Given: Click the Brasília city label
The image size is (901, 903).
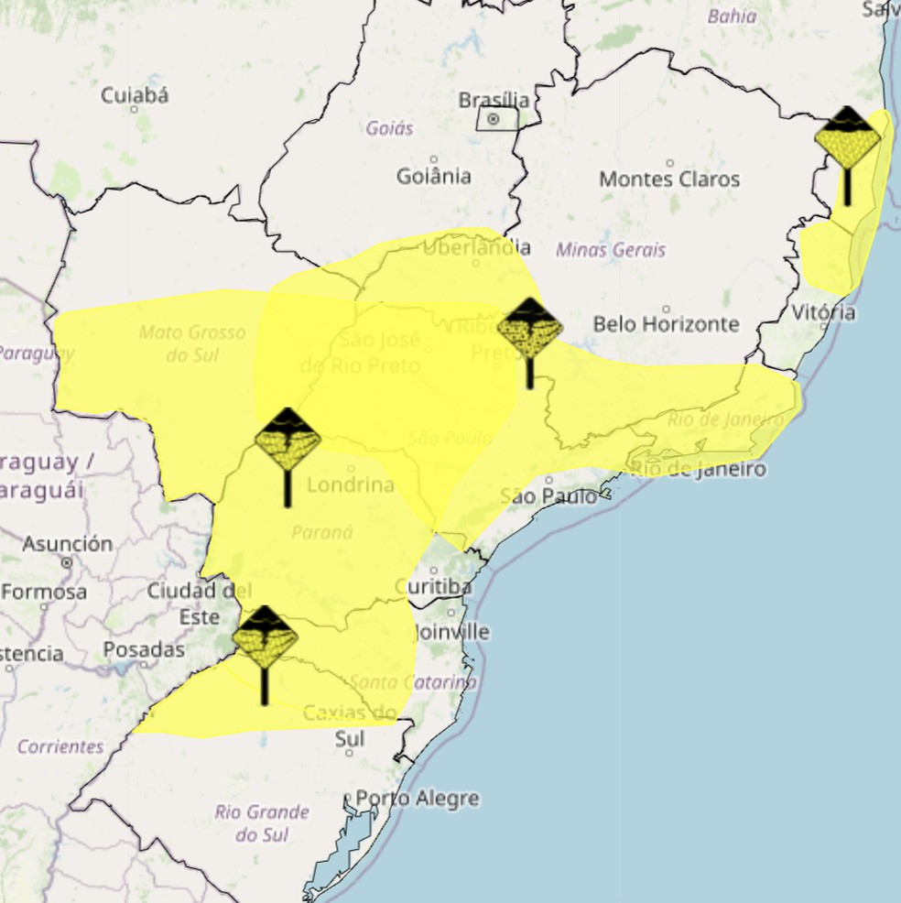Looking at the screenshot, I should [x=494, y=99].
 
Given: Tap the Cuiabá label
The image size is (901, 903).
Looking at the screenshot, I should [x=135, y=95].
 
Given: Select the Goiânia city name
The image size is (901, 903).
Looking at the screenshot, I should [x=434, y=176].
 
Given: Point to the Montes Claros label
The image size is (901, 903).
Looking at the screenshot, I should [x=669, y=180].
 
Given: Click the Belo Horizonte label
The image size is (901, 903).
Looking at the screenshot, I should [x=666, y=323].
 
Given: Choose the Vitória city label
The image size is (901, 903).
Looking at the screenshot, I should [x=824, y=312].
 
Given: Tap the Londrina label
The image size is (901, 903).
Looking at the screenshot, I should [x=351, y=484].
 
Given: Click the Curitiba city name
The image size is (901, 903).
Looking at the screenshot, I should [x=434, y=586].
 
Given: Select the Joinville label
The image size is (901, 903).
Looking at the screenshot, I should [x=451, y=632].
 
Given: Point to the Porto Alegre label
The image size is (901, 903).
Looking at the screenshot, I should [x=418, y=798].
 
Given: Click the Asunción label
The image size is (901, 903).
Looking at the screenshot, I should [x=68, y=544].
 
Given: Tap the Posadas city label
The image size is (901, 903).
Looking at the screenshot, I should [x=144, y=649].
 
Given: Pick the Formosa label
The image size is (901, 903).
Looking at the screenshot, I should [x=44, y=592].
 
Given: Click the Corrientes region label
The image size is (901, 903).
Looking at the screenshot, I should [x=60, y=746].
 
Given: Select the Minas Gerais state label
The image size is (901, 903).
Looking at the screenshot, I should [x=611, y=249].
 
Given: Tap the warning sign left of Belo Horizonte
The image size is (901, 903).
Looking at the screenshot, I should [x=530, y=330].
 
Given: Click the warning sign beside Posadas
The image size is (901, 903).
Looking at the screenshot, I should [x=265, y=638].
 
